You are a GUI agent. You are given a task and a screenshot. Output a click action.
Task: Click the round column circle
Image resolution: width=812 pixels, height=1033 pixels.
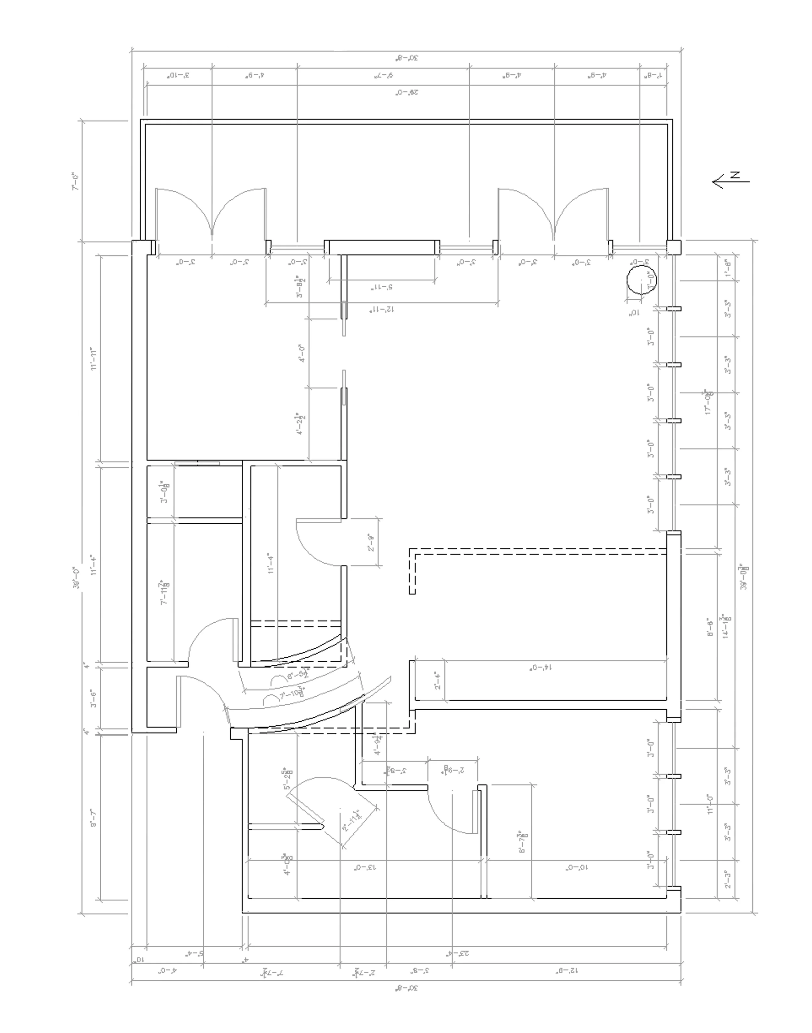[641, 280]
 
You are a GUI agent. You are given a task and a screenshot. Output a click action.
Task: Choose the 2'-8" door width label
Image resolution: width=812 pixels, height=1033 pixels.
[371, 542]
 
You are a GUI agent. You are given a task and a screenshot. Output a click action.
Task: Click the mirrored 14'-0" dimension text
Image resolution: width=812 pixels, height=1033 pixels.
[541, 667]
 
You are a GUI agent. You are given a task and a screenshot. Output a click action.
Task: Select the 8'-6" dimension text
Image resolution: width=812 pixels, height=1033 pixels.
[710, 627]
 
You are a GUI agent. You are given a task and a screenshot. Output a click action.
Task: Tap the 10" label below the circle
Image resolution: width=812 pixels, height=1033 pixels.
[635, 313]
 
